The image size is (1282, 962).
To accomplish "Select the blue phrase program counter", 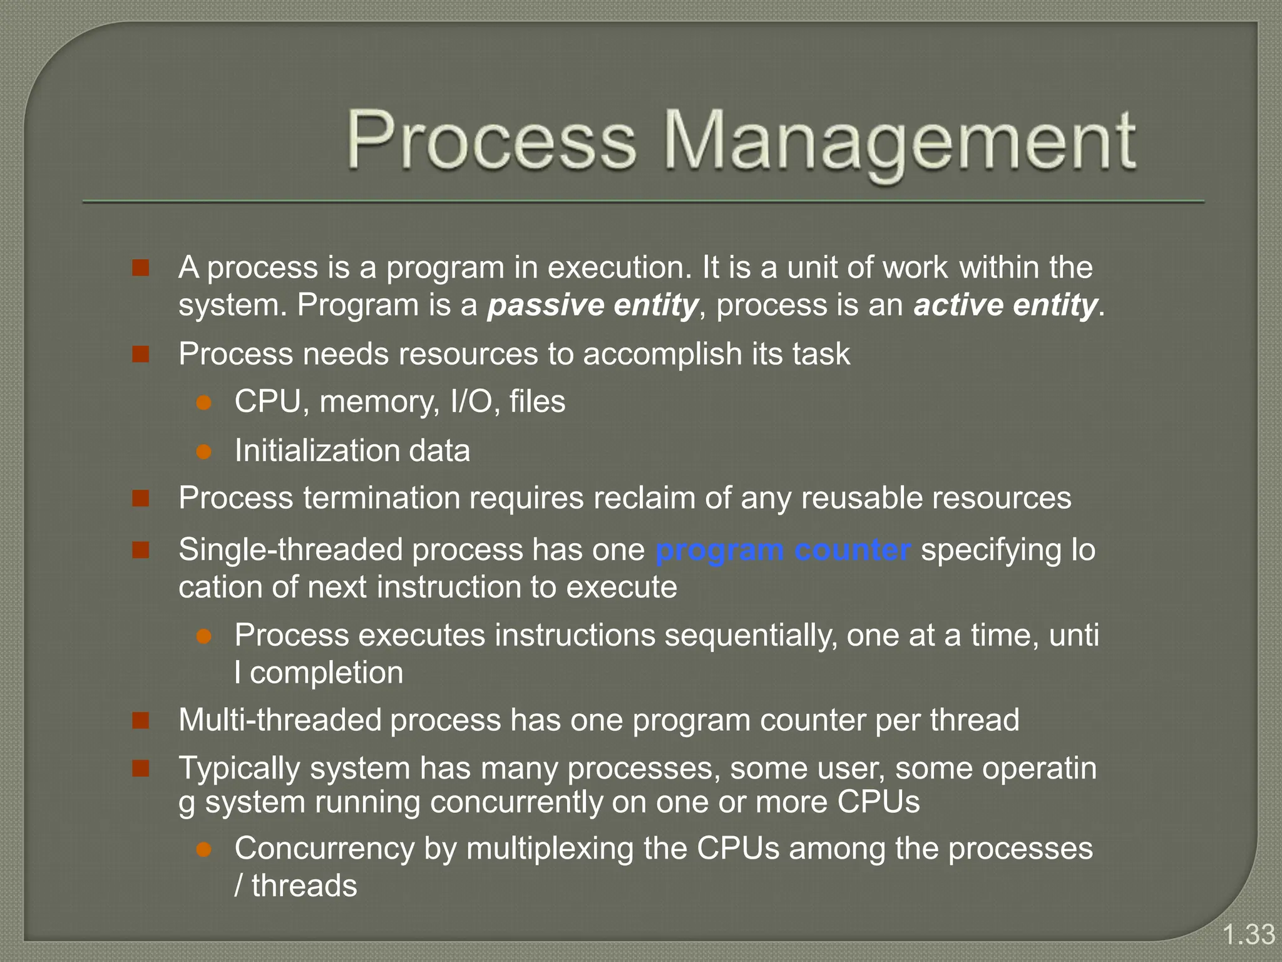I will coord(782,551).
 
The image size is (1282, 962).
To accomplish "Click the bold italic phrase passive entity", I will coord(592,305).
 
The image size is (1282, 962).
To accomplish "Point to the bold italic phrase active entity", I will coord(1005,305).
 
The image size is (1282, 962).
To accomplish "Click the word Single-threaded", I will coord(290,551).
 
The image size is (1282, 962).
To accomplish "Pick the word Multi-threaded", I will coord(280,720).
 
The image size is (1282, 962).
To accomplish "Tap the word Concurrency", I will coord(324,849).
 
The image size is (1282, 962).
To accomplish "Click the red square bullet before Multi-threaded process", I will coord(141,720).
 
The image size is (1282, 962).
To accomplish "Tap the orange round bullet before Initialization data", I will coord(204,452).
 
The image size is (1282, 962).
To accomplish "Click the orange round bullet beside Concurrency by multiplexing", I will coord(204,849).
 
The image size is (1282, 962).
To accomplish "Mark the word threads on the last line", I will coord(304,886).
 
